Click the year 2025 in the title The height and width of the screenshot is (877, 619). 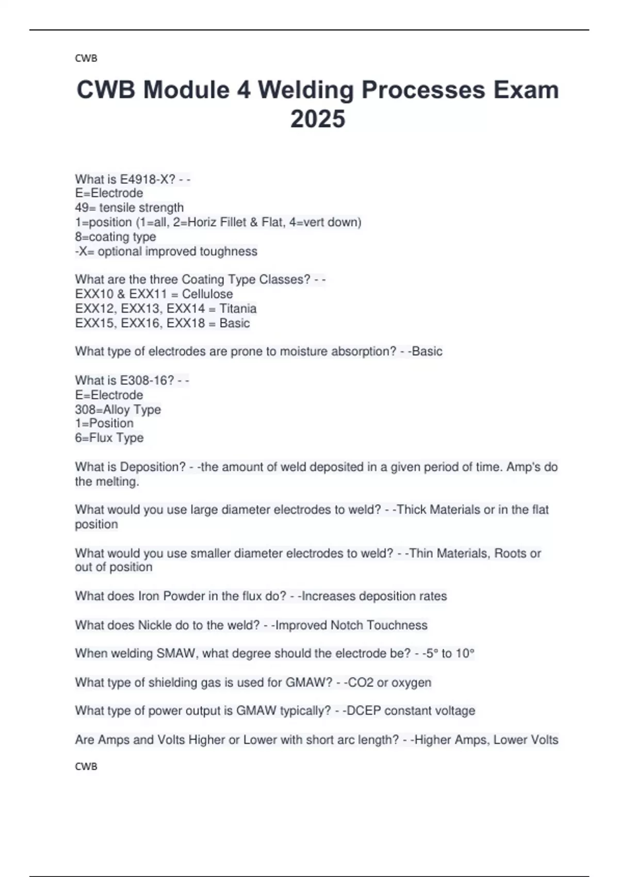[x=318, y=119]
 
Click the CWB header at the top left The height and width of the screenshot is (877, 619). [x=86, y=58]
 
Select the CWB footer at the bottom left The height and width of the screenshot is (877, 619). [x=86, y=767]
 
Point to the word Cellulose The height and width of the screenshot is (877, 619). [x=207, y=294]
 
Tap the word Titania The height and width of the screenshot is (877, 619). [x=238, y=308]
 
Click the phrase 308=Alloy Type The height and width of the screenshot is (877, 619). [x=118, y=410]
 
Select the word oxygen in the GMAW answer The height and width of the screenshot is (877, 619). [x=411, y=683]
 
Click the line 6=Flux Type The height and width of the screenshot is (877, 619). [x=109, y=438]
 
